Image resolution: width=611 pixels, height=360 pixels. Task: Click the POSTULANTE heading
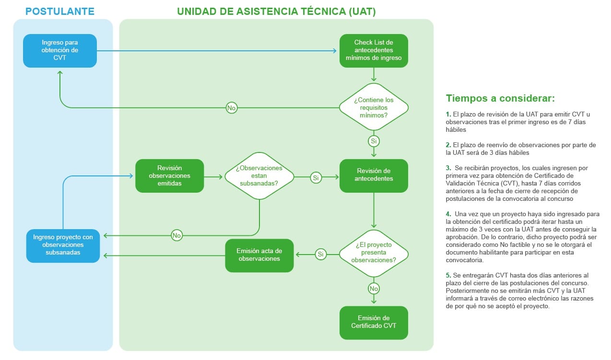point(60,12)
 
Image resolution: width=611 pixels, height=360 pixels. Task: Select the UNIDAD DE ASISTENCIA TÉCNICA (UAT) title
point(276,12)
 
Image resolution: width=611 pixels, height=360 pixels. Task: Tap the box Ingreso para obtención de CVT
point(60,51)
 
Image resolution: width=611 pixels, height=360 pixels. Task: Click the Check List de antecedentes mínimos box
point(374,51)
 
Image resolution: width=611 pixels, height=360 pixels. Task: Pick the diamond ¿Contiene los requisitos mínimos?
point(374,107)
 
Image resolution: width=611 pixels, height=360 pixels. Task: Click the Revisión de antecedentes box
point(374,176)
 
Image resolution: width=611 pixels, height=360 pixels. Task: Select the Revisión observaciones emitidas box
point(170,176)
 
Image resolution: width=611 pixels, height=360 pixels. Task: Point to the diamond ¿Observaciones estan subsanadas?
point(259,176)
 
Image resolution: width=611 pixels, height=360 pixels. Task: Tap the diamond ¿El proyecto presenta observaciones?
point(374,254)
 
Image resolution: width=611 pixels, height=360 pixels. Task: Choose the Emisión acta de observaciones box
point(259,255)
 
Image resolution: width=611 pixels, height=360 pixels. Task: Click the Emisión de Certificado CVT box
point(374,323)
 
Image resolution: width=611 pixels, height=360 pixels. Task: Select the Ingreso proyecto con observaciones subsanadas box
point(63,246)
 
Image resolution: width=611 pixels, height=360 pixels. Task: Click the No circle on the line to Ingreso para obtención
point(232,108)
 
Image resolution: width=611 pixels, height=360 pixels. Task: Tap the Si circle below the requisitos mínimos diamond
point(374,141)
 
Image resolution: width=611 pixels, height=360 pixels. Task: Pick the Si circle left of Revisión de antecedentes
point(316,178)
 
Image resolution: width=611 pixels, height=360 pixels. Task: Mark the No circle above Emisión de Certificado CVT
point(374,289)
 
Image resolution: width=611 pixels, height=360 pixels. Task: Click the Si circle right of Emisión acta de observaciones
point(321,255)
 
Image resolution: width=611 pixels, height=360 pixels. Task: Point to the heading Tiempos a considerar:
point(500,98)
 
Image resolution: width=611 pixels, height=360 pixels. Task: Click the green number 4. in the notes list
point(448,214)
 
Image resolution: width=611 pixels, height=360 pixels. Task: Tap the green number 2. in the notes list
point(448,145)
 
